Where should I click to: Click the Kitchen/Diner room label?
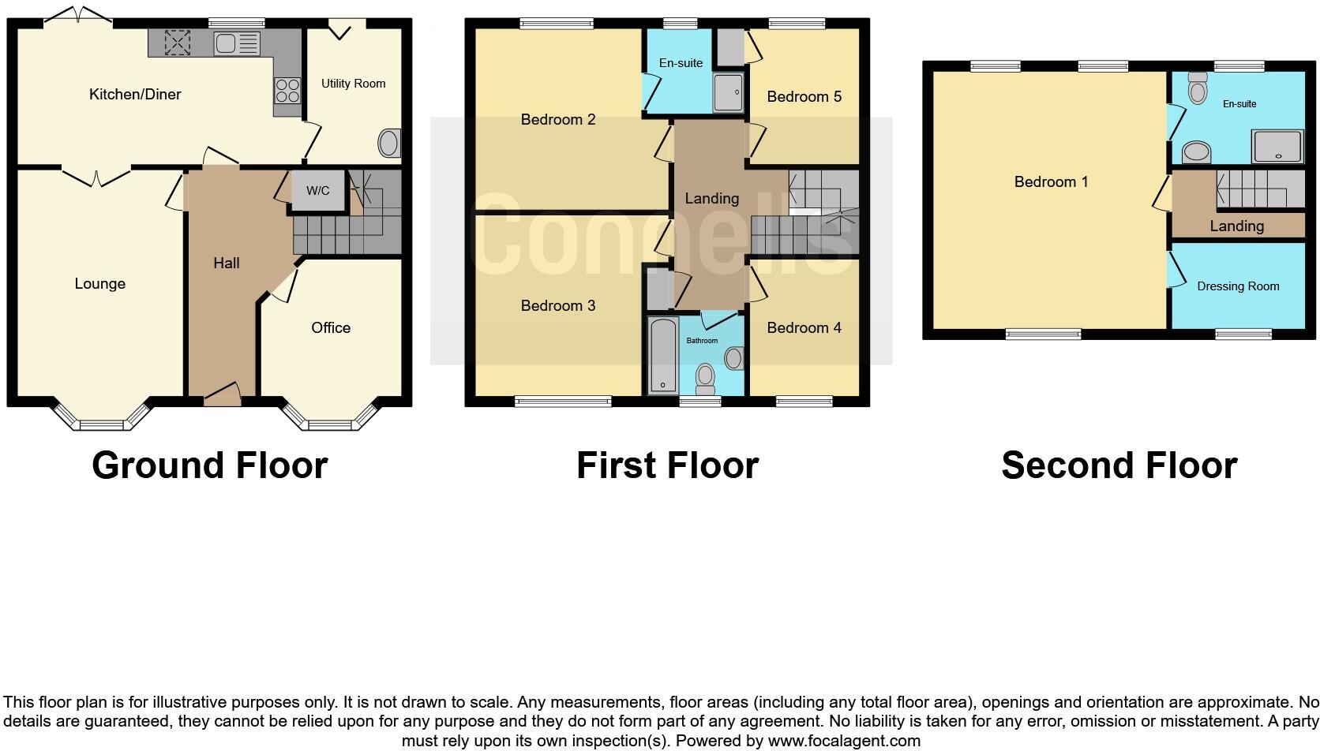click(135, 95)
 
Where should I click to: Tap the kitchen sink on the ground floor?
click(237, 43)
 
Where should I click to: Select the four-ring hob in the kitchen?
click(287, 91)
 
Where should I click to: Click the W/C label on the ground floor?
click(317, 191)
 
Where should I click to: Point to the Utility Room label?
click(353, 84)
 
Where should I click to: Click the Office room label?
click(331, 328)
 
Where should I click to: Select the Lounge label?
click(100, 284)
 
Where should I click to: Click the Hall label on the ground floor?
click(227, 263)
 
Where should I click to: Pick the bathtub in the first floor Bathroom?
click(663, 356)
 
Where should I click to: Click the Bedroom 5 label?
click(804, 97)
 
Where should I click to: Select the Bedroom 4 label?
click(804, 328)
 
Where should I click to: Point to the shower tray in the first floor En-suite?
click(729, 92)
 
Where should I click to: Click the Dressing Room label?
click(1238, 286)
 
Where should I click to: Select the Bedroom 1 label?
click(1051, 182)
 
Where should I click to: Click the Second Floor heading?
click(1119, 465)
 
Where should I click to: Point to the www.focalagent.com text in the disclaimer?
click(844, 741)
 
